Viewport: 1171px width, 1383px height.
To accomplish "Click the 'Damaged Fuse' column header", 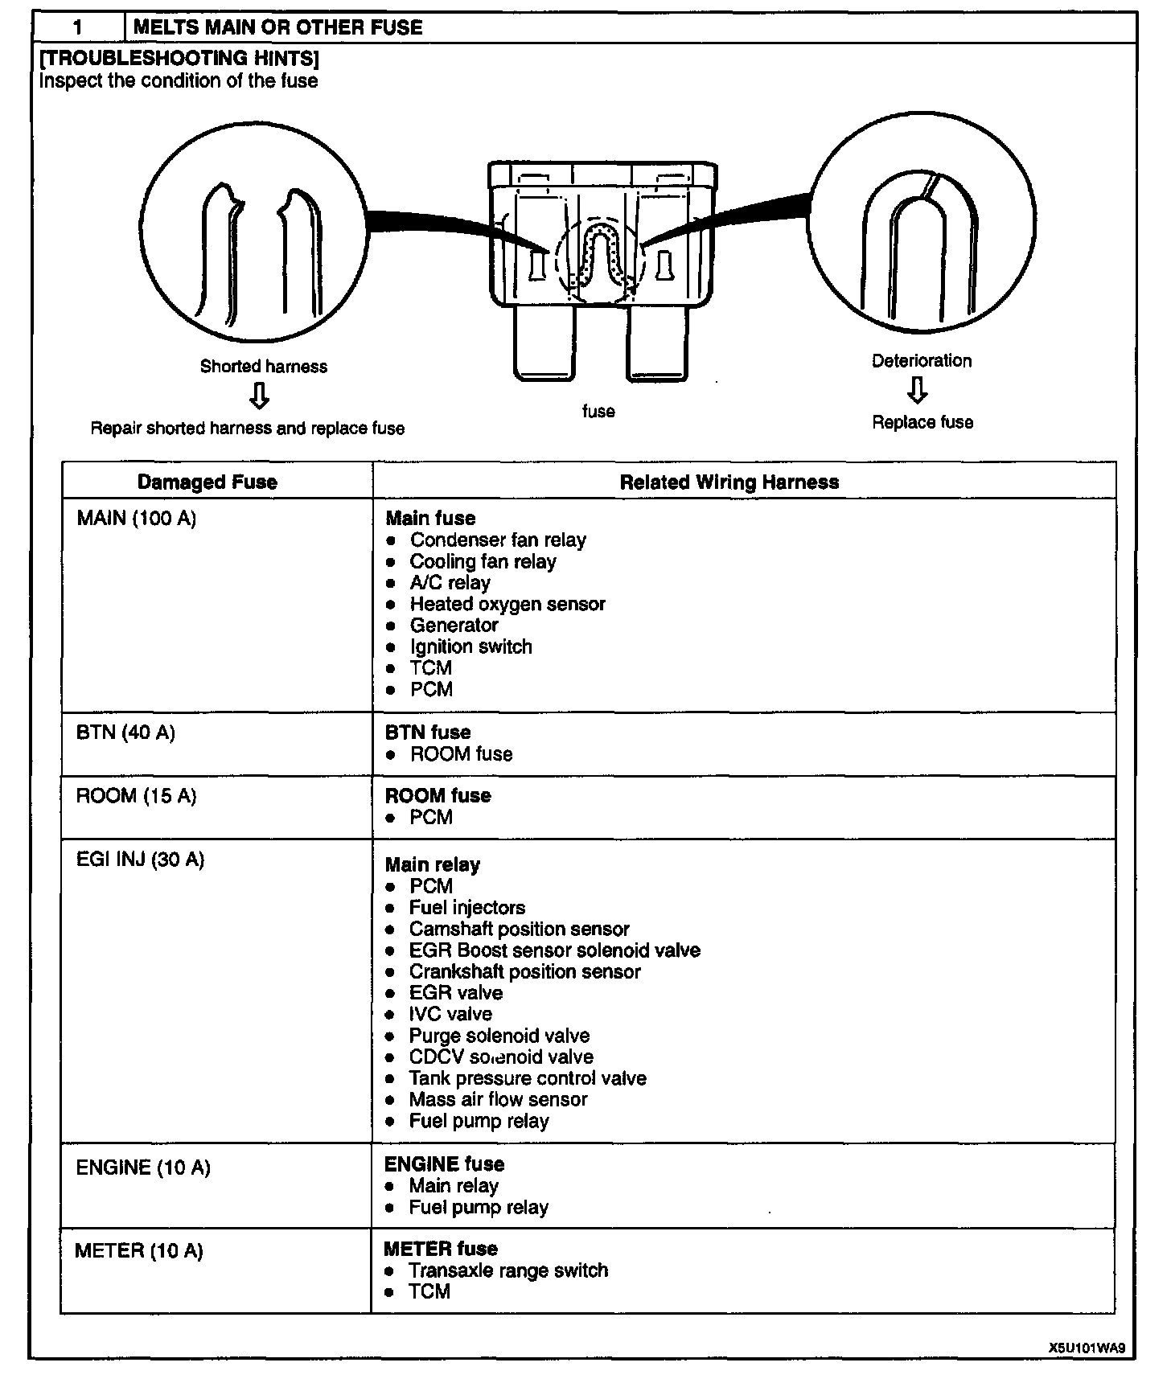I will tap(207, 482).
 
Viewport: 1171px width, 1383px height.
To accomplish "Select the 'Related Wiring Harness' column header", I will tap(729, 482).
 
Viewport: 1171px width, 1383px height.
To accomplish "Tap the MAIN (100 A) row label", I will tap(136, 519).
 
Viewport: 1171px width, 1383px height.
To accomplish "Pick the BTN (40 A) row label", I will tap(125, 733).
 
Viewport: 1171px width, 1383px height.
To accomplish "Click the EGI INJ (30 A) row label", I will tap(140, 860).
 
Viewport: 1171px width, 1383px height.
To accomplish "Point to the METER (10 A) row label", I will tap(138, 1251).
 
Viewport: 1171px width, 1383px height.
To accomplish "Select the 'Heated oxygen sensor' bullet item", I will tap(507, 604).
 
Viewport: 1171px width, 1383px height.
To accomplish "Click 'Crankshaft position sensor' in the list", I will tap(524, 971).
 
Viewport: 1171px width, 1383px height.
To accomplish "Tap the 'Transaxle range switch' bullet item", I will tap(507, 1270).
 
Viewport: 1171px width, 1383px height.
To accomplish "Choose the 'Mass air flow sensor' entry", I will tap(498, 1099).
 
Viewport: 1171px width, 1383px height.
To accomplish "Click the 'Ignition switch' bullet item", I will tap(470, 646).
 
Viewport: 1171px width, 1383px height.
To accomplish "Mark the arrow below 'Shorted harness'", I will tap(259, 396).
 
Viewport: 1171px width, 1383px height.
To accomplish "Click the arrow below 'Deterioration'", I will tap(917, 390).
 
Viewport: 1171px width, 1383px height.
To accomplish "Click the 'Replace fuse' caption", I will tap(922, 422).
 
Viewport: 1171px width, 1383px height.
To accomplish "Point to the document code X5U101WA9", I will tap(1086, 1348).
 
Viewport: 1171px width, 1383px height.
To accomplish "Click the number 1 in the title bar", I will tap(78, 27).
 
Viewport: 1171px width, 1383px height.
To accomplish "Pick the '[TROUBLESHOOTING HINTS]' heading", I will tap(179, 58).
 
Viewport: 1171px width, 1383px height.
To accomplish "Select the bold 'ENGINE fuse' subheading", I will tap(444, 1164).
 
